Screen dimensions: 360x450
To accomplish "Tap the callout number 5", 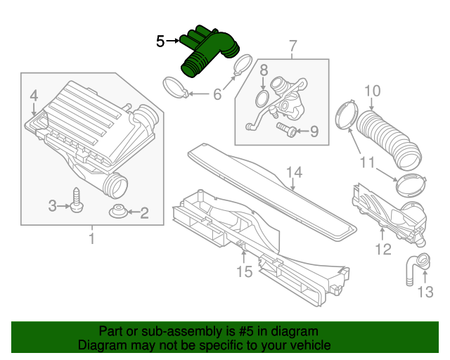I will click(160, 42).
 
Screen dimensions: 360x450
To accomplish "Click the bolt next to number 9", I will click(285, 129).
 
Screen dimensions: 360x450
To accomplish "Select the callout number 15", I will click(243, 271).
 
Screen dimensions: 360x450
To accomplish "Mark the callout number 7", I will click(293, 48).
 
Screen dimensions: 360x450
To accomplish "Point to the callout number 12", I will click(382, 247).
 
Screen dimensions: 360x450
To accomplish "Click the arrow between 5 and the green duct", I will click(174, 42).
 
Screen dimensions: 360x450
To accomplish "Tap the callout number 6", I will click(217, 93).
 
